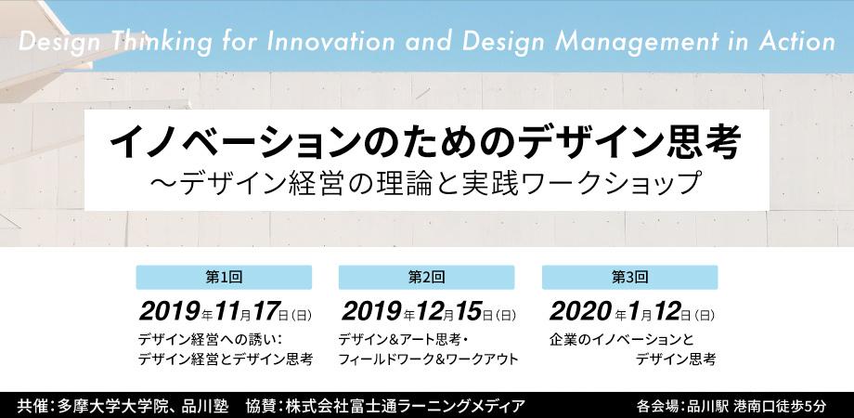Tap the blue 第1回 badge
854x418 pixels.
pyautogui.click(x=224, y=277)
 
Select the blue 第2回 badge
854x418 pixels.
pyautogui.click(x=426, y=277)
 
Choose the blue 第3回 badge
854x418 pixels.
pyautogui.click(x=629, y=277)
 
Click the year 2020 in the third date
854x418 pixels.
pyautogui.click(x=580, y=312)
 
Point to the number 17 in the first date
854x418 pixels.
pyautogui.click(x=265, y=312)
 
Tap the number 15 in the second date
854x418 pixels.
pyautogui.click(x=469, y=312)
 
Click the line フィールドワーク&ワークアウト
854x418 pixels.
pyautogui.click(x=428, y=359)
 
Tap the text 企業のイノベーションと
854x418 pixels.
pyautogui.click(x=622, y=340)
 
